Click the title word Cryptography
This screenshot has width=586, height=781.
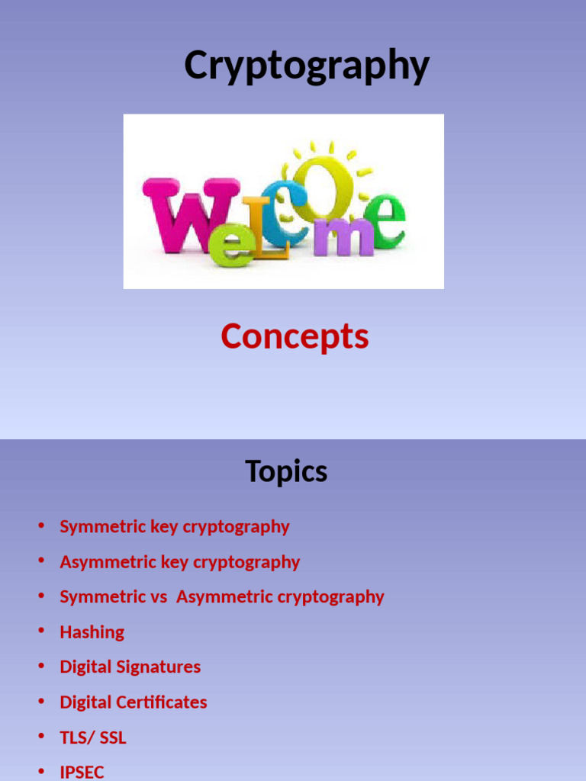point(307,66)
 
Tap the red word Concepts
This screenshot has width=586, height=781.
point(295,336)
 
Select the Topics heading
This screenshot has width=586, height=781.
point(286,471)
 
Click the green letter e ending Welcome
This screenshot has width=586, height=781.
point(386,220)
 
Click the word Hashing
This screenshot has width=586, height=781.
point(92,632)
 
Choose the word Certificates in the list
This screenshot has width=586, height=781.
point(160,702)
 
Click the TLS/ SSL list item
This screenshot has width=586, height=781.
point(93,738)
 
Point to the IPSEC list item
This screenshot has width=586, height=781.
point(82,772)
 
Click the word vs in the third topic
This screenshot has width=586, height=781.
point(157,596)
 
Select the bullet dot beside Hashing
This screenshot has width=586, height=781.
point(41,632)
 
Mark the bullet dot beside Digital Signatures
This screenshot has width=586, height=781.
point(41,667)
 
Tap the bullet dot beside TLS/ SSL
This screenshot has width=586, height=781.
point(41,737)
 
